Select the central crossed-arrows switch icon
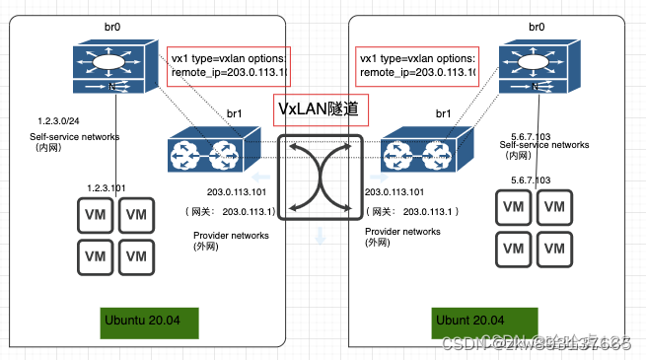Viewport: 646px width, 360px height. click(320, 176)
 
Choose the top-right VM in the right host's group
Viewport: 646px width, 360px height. click(555, 206)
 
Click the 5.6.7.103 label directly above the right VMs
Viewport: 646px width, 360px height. click(532, 180)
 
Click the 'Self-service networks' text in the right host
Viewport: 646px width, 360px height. click(537, 145)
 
